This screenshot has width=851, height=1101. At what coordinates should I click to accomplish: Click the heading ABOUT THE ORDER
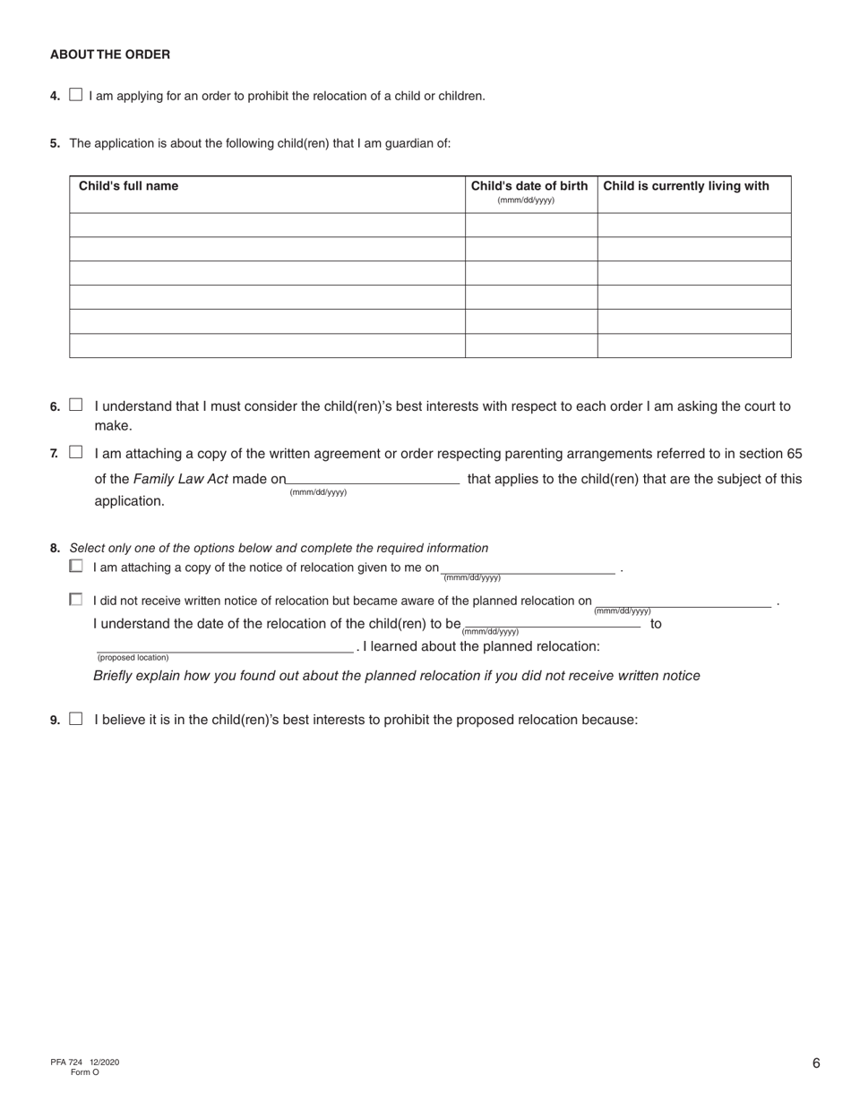click(110, 55)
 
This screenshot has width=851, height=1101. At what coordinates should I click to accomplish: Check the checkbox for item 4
click(75, 95)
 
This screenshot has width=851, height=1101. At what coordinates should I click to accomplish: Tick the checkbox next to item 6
click(75, 405)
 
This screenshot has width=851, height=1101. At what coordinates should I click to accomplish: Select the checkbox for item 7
click(75, 453)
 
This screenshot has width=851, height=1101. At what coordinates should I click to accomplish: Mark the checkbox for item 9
click(75, 718)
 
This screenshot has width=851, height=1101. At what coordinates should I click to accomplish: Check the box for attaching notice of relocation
click(76, 566)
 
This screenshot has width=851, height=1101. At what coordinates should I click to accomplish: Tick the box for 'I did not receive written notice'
click(76, 600)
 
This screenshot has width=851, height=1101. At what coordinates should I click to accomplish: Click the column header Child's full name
click(129, 186)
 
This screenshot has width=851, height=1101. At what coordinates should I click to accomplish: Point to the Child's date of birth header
click(529, 186)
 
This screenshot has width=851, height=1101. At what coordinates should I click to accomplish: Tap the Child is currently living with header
click(686, 186)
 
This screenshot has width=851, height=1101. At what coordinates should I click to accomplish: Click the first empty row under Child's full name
click(267, 225)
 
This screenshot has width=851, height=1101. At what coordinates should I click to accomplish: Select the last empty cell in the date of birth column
click(530, 346)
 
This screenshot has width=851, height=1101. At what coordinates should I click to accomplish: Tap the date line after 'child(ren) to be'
click(552, 622)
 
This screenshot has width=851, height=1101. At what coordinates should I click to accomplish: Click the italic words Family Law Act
click(180, 479)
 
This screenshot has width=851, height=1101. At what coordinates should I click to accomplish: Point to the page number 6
click(816, 1063)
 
